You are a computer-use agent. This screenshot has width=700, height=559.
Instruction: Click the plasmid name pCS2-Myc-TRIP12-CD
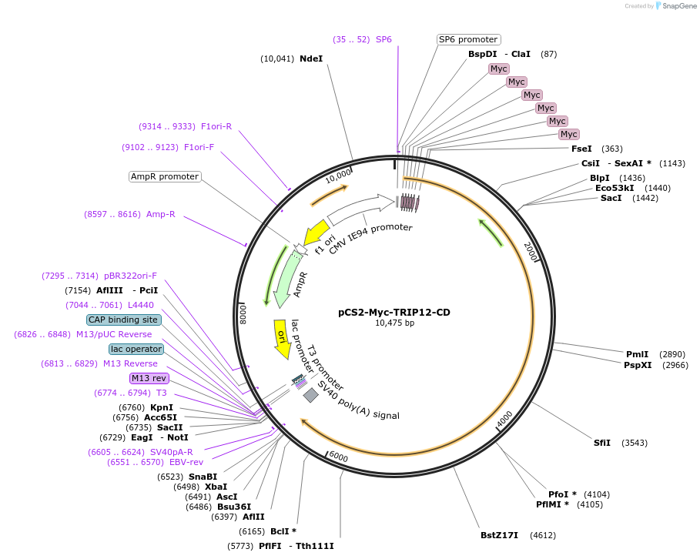394,312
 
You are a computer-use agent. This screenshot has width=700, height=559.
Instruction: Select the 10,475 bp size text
394,323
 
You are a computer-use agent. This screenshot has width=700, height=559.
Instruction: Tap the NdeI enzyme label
311,59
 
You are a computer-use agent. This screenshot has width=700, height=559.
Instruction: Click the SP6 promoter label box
468,39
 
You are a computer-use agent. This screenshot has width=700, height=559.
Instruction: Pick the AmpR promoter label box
165,176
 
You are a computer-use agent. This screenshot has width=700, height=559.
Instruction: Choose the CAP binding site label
124,320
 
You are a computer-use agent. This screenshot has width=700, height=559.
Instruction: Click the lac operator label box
136,349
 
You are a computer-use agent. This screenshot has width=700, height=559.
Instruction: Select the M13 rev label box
149,378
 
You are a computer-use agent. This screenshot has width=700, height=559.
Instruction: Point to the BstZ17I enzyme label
499,535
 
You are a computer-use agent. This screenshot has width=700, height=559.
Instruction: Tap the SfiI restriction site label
602,443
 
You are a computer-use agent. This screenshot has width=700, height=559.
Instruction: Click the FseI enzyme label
581,149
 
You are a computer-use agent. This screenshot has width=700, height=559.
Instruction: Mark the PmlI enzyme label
638,354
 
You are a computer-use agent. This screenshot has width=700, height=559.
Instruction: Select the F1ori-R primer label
216,126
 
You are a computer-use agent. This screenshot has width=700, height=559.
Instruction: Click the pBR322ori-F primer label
130,276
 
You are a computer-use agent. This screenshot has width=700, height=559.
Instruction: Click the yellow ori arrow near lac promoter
283,339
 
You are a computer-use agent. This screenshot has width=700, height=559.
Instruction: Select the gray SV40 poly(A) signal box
311,395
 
